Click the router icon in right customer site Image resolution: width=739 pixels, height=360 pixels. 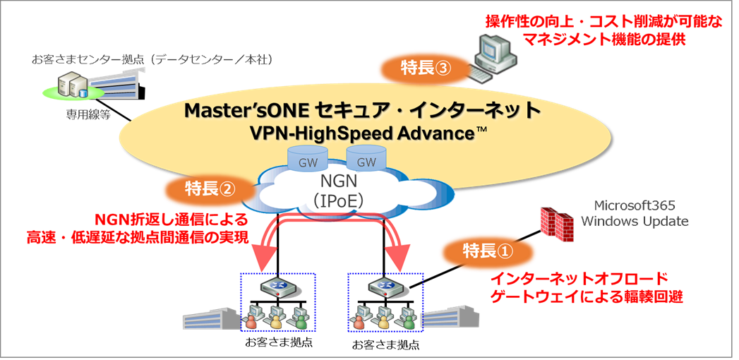pos(385,287)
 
